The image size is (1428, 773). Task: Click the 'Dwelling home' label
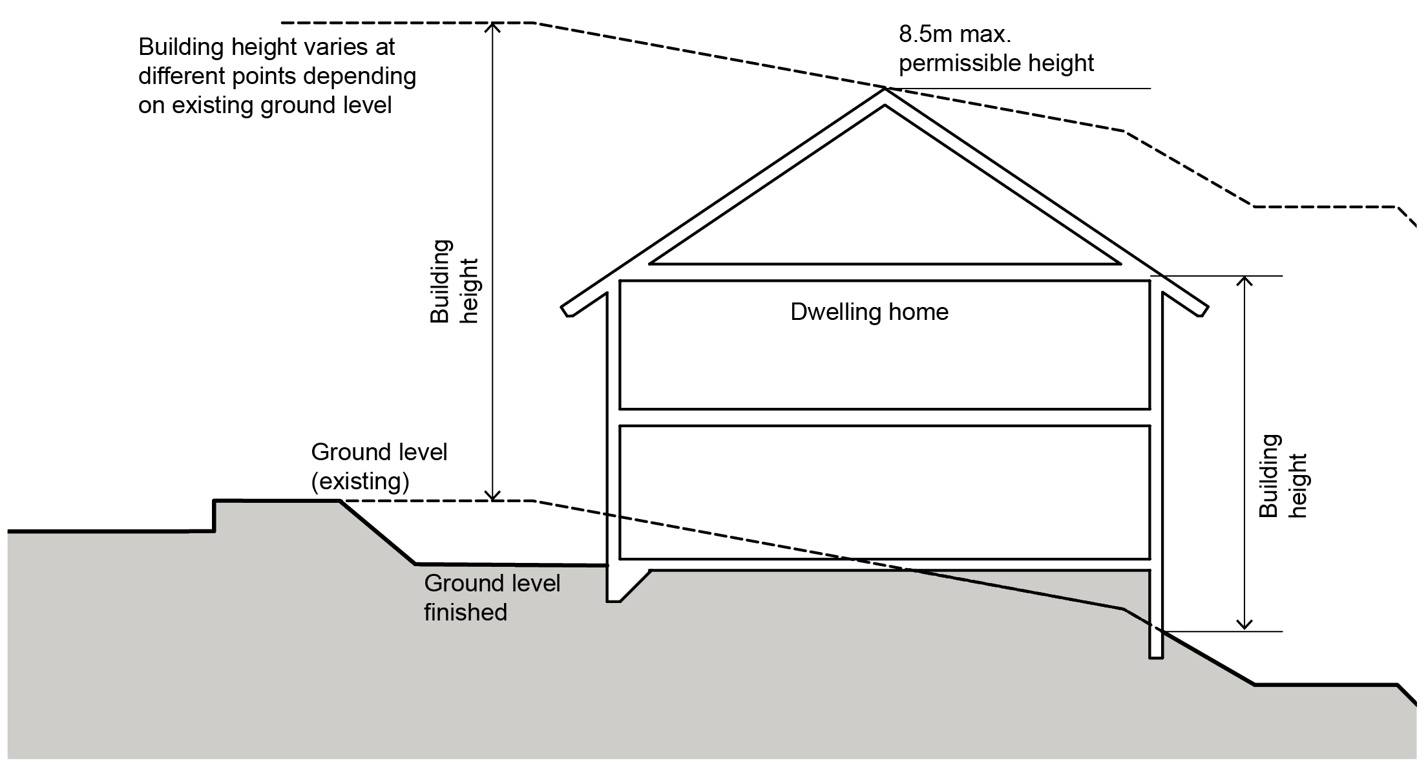coord(869,312)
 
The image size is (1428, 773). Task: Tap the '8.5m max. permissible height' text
coord(996,48)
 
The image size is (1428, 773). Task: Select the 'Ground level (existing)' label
coord(379,466)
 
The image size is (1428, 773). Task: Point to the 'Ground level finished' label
coord(491,597)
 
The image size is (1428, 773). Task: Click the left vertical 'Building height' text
coord(454,282)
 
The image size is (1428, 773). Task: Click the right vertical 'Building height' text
coord(1283,476)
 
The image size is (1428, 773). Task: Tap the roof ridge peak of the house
coord(885,90)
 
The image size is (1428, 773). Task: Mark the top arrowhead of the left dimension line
coord(493,26)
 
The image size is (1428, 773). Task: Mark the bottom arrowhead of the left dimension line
coord(493,498)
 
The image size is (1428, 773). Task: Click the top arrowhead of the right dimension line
coord(1244,279)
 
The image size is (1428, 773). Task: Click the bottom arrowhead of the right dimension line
coord(1244,627)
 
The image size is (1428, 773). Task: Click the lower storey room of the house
coord(885,492)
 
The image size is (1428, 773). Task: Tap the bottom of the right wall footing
coord(1156,656)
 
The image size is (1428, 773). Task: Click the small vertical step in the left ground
coord(215,516)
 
